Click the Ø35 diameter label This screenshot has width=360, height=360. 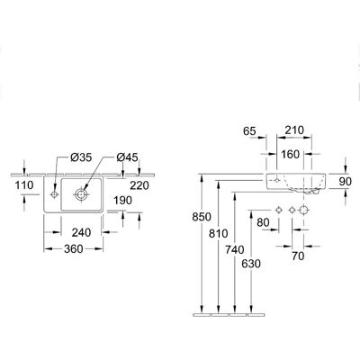(81, 157)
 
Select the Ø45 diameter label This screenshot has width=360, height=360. (127, 157)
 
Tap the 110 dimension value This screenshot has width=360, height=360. (24, 185)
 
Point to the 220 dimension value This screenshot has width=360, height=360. (139, 185)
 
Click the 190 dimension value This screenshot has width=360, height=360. (122, 200)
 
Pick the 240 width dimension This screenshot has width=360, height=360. (81, 232)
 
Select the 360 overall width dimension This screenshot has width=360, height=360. (74, 248)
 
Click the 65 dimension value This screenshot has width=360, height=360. (249, 131)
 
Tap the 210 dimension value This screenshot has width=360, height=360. (294, 130)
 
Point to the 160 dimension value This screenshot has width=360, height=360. (290, 155)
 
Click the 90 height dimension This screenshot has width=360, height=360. (346, 181)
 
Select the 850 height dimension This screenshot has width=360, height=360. (202, 217)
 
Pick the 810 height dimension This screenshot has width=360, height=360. (219, 233)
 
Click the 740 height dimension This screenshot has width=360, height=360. (235, 249)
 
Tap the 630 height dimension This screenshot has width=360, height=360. (251, 264)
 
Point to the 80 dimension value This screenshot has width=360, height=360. (263, 222)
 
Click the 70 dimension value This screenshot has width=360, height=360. (298, 256)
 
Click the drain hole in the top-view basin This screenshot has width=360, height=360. (81, 194)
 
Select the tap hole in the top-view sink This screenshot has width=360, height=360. (54, 194)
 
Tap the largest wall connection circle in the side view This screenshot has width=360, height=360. (304, 211)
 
